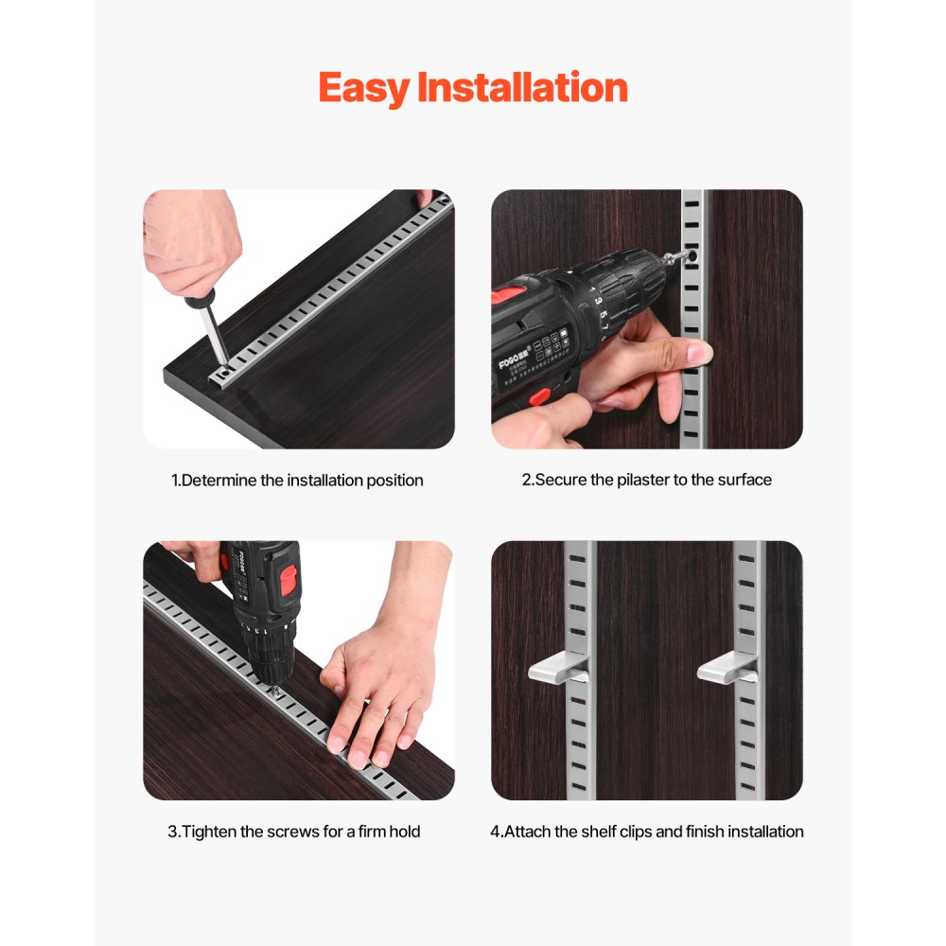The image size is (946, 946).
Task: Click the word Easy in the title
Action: (x=364, y=88)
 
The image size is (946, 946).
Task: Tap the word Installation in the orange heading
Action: (x=522, y=88)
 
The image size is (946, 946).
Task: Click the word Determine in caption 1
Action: (x=219, y=481)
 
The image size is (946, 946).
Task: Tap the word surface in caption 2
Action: (x=744, y=480)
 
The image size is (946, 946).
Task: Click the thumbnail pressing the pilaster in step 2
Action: (x=699, y=354)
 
